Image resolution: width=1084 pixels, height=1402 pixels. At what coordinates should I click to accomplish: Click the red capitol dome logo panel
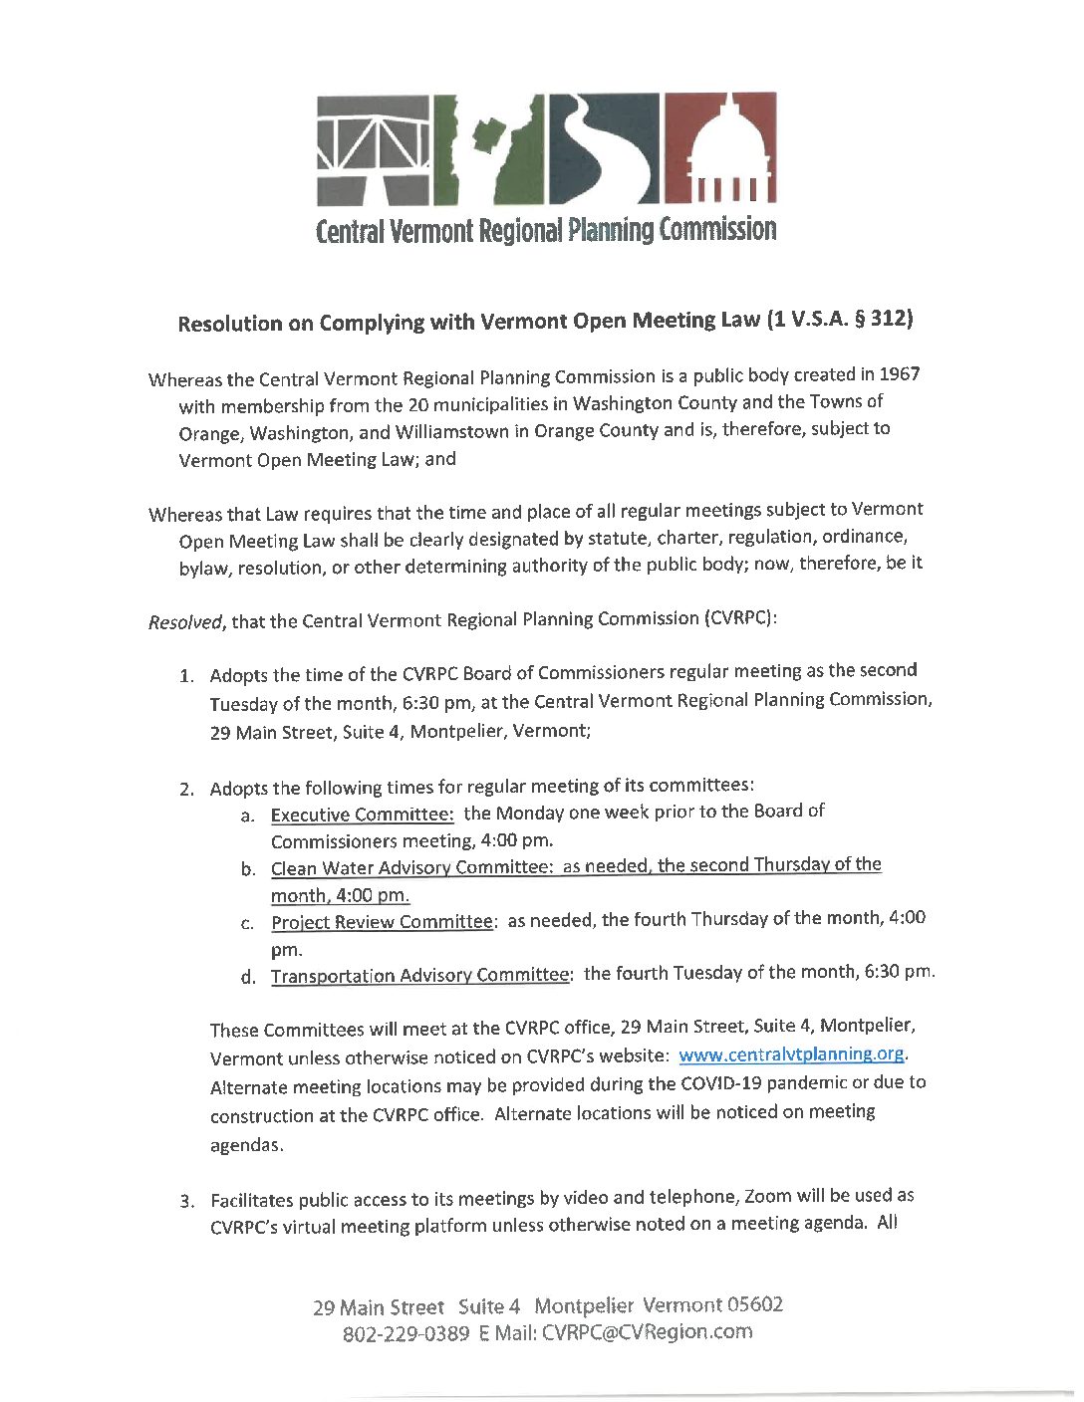coord(719,147)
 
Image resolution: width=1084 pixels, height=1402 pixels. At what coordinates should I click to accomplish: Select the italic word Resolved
coord(185,622)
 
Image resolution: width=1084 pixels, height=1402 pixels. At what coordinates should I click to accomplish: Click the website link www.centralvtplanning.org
coord(791,1053)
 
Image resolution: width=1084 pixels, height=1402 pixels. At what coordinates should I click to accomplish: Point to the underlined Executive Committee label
coord(363,815)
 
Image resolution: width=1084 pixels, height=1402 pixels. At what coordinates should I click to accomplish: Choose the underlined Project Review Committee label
coord(383,922)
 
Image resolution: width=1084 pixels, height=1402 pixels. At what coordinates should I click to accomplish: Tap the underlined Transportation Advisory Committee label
coord(420,975)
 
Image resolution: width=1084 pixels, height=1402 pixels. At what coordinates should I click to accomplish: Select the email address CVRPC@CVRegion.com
coord(648,1332)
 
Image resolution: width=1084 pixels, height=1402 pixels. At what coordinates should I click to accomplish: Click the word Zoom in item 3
coord(768,1196)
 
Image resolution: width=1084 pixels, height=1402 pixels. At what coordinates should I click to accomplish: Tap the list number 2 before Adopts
coord(186,790)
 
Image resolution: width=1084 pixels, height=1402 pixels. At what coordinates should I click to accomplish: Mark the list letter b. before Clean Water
coord(248,869)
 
